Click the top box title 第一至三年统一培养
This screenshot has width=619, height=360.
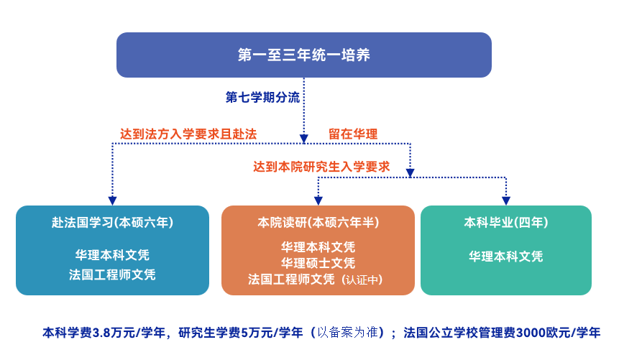click(x=303, y=55)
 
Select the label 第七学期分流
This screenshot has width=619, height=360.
click(x=262, y=97)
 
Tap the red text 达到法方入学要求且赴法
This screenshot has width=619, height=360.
click(x=188, y=134)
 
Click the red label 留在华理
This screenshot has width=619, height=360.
click(x=353, y=134)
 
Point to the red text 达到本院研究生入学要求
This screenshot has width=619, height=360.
click(x=321, y=167)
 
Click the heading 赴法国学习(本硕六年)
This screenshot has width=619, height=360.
click(x=112, y=223)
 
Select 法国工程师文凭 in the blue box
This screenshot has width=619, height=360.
click(x=112, y=274)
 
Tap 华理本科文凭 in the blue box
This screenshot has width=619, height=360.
click(x=112, y=255)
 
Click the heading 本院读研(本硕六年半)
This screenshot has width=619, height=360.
click(x=318, y=223)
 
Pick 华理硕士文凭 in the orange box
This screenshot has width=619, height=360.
click(x=318, y=263)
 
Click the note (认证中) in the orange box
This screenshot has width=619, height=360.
click(x=362, y=280)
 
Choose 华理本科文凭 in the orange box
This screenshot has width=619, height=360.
click(x=318, y=247)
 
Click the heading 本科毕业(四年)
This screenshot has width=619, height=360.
click(x=506, y=223)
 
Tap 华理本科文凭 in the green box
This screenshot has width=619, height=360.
click(x=506, y=257)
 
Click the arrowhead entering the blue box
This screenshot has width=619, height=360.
click(x=112, y=200)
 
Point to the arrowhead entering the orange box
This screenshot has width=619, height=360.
click(x=318, y=200)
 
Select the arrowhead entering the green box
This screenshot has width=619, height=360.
click(x=506, y=200)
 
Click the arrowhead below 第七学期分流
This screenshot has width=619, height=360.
click(x=303, y=139)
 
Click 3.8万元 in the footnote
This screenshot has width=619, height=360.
click(x=109, y=333)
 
